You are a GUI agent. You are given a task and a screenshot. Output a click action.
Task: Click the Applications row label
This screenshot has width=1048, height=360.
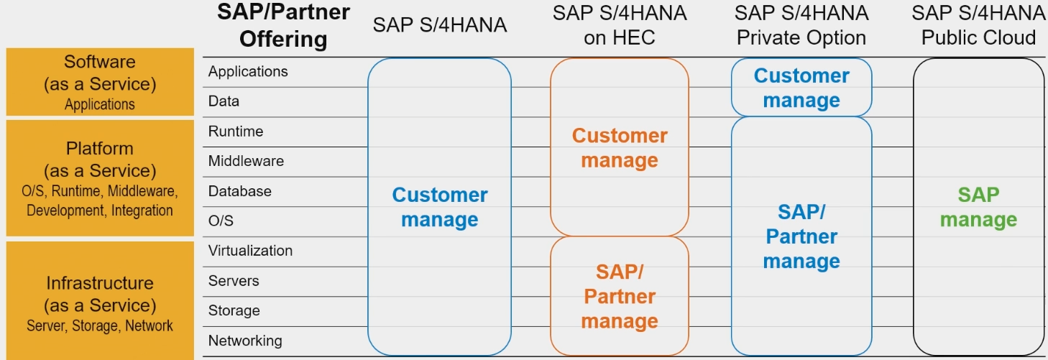click(248, 72)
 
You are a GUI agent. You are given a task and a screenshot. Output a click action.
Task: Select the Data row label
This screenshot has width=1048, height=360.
click(224, 101)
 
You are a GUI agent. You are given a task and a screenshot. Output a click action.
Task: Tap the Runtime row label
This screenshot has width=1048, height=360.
click(236, 131)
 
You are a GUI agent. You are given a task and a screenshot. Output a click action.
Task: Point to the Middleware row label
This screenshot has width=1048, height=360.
click(246, 161)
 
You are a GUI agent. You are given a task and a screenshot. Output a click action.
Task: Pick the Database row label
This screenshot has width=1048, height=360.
click(240, 191)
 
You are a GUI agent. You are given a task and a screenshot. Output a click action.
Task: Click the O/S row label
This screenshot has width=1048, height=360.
click(221, 221)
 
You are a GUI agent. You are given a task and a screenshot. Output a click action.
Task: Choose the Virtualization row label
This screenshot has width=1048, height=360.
click(250, 251)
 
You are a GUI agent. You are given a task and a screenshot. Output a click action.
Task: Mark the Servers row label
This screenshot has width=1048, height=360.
click(234, 281)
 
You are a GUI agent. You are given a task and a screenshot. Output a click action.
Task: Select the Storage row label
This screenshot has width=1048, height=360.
click(234, 310)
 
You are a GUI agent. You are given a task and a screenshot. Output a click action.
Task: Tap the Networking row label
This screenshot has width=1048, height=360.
click(245, 341)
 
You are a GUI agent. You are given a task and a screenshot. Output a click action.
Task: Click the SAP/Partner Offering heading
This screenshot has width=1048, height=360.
click(283, 25)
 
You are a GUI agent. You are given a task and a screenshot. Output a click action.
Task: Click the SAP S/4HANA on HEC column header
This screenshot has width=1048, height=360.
click(620, 25)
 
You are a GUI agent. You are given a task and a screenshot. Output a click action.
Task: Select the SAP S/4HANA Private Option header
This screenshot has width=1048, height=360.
click(801, 25)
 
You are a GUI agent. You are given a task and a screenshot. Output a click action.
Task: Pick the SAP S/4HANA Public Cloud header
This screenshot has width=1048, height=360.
click(979, 25)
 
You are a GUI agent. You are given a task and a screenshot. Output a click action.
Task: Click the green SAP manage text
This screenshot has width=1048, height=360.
click(978, 207)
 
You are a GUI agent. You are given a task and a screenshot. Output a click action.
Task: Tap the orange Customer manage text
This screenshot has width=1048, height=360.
click(620, 148)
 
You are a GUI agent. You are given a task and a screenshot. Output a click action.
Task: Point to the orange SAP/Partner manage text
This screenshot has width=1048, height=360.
click(620, 296)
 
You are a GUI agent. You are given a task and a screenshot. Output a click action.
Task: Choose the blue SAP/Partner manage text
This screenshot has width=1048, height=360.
click(801, 236)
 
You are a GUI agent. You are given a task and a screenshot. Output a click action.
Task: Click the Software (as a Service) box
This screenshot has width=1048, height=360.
click(100, 82)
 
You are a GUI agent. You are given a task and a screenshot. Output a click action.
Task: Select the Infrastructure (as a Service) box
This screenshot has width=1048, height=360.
click(100, 302)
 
